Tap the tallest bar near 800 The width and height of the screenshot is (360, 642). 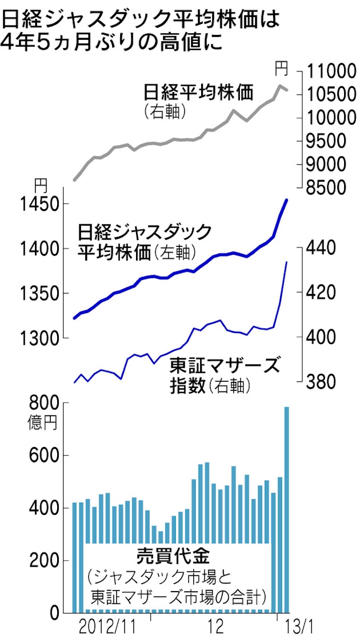tap(286, 509)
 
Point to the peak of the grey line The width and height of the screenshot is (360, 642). tap(280, 85)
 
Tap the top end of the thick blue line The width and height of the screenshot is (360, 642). tap(286, 200)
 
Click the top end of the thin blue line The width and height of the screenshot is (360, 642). tap(286, 262)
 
